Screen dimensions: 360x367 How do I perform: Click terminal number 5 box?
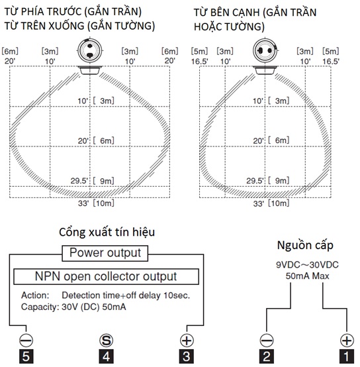pyautogui.click(x=26, y=356)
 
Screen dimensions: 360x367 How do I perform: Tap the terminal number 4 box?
pyautogui.click(x=107, y=356)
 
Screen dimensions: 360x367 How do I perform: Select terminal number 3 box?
pyautogui.click(x=187, y=356)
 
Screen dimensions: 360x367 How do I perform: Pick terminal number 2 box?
pyautogui.click(x=267, y=356)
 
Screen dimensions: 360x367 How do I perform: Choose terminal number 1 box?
pyautogui.click(x=347, y=356)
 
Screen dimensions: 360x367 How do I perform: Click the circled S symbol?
pyautogui.click(x=107, y=340)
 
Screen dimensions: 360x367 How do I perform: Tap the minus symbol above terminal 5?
pyautogui.click(x=26, y=340)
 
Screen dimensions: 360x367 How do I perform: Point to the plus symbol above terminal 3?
pyautogui.click(x=187, y=340)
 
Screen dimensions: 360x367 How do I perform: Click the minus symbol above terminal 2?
pyautogui.click(x=267, y=340)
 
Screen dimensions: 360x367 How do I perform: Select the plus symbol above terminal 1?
pyautogui.click(x=347, y=340)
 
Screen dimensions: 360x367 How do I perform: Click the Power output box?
pyautogui.click(x=105, y=253)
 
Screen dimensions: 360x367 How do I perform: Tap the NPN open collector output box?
pyautogui.click(x=106, y=276)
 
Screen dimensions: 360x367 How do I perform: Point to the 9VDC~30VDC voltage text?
pyautogui.click(x=307, y=265)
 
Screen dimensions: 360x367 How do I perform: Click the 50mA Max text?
pyautogui.click(x=307, y=276)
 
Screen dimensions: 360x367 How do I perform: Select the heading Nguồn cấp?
pyautogui.click(x=305, y=246)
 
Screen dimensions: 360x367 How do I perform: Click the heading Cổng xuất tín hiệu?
pyautogui.click(x=107, y=233)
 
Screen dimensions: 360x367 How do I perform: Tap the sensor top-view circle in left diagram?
pyautogui.click(x=90, y=50)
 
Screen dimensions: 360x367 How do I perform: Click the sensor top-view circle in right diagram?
pyautogui.click(x=265, y=50)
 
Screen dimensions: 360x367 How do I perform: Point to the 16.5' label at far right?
pyautogui.click(x=331, y=62)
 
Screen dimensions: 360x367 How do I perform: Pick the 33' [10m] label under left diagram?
pyautogui.click(x=96, y=203)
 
